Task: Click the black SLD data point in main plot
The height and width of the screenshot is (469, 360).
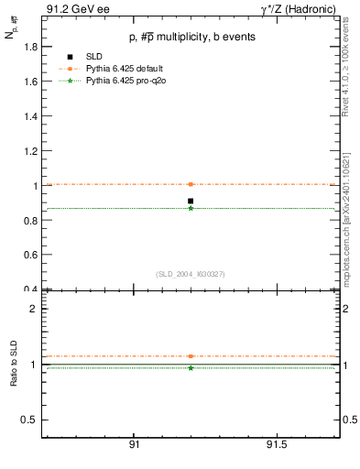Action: coord(191,201)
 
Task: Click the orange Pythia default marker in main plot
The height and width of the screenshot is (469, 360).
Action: coord(191,184)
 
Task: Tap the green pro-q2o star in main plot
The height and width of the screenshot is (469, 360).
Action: coord(191,208)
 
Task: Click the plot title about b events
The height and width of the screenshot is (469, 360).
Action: coord(191,37)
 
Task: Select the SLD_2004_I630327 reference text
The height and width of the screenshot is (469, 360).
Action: coord(191,274)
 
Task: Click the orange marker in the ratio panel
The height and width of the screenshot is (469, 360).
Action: coord(191,356)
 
